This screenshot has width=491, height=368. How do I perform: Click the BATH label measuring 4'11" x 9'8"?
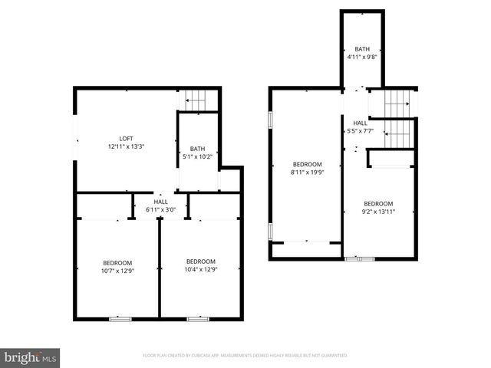click(361, 49)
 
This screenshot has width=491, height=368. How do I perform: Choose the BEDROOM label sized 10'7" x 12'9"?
click(118, 261)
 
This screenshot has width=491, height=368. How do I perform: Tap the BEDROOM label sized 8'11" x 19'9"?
click(307, 164)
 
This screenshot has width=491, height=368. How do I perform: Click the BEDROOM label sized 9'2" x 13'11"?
click(378, 203)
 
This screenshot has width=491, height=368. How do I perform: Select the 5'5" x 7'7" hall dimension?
click(360, 131)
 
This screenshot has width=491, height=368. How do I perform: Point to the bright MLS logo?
click(31, 356)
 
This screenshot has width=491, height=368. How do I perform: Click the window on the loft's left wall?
click(75, 139)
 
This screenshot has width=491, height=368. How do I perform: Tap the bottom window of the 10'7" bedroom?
click(120, 318)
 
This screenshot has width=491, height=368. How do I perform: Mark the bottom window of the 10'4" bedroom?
click(199, 318)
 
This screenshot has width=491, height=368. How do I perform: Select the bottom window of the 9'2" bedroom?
click(360, 259)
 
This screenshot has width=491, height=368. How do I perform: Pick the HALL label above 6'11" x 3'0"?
click(160, 202)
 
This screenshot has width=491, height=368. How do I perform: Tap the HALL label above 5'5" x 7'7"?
click(360, 123)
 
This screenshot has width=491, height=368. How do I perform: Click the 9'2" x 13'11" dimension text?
click(378, 212)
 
